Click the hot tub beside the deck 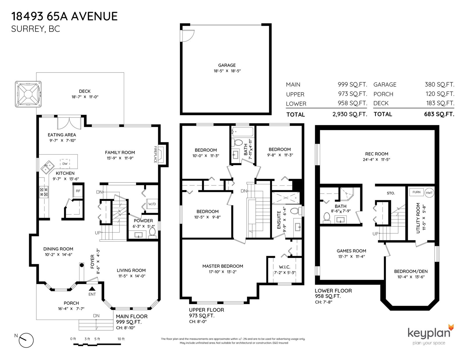[28, 94]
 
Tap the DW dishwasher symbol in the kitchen [65, 164]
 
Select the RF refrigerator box [78, 191]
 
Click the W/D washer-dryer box [152, 204]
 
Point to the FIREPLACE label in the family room [156, 154]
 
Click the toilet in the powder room [152, 233]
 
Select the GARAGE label [227, 65]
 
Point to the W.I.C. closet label [285, 267]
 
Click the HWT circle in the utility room [429, 193]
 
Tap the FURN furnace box [416, 192]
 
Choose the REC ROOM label [377, 154]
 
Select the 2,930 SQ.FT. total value [350, 114]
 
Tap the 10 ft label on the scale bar [121, 339]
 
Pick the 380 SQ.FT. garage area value [439, 84]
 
